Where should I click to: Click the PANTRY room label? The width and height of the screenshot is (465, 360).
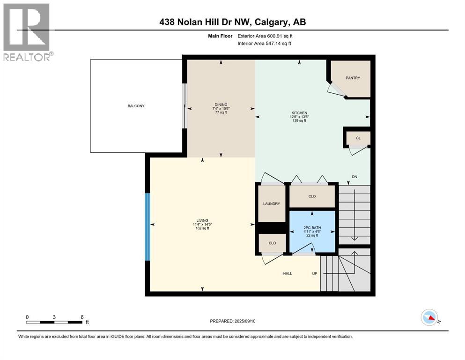click(x=353, y=78)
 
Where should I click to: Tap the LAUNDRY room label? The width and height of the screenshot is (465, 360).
click(x=272, y=203)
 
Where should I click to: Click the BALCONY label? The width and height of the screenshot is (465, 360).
click(x=136, y=106)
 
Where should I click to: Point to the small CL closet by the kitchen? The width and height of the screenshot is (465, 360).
click(x=358, y=138)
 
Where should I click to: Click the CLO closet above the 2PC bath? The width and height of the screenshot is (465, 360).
click(x=312, y=196)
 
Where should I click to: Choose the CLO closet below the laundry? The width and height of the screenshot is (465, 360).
click(x=272, y=243)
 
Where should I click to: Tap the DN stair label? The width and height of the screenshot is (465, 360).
click(x=355, y=177)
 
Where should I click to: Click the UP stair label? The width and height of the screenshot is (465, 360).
click(x=316, y=273)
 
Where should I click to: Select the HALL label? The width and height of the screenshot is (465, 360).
click(x=287, y=273)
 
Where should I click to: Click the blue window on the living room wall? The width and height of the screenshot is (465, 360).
click(x=148, y=227)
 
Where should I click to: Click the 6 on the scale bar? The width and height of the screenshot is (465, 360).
click(x=82, y=317)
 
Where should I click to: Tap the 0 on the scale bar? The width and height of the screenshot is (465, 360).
click(x=27, y=317)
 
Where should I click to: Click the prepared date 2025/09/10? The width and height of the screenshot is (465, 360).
click(x=255, y=321)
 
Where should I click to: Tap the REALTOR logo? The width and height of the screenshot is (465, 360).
click(x=26, y=32)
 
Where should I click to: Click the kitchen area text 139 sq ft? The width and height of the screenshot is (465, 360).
click(x=299, y=121)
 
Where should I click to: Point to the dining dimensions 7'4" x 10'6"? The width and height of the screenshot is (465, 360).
click(x=221, y=109)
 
